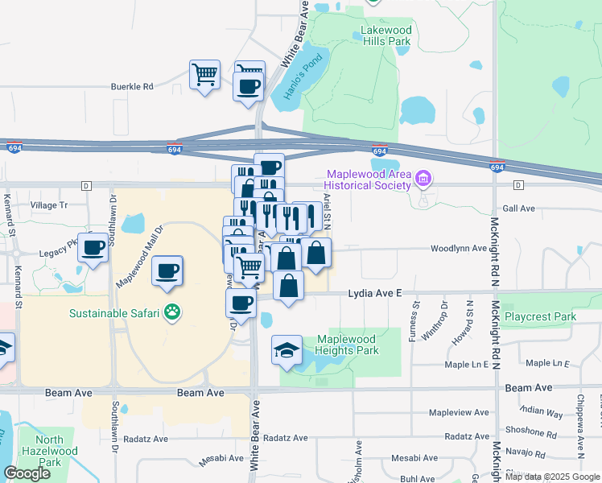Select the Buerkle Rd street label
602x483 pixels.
(x=131, y=86)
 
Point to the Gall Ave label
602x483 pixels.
(x=518, y=208)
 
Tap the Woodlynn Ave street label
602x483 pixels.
(x=459, y=248)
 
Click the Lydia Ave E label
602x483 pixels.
(x=374, y=295)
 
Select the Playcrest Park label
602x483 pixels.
(x=540, y=317)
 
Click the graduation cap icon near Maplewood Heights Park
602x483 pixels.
(x=287, y=349)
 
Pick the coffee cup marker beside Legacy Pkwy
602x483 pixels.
(x=93, y=247)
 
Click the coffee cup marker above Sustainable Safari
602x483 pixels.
(x=167, y=270)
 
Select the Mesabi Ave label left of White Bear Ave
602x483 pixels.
(x=222, y=458)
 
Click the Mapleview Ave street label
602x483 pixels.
(x=459, y=412)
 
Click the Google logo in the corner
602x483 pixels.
(x=27, y=473)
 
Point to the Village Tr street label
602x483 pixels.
(x=49, y=205)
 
